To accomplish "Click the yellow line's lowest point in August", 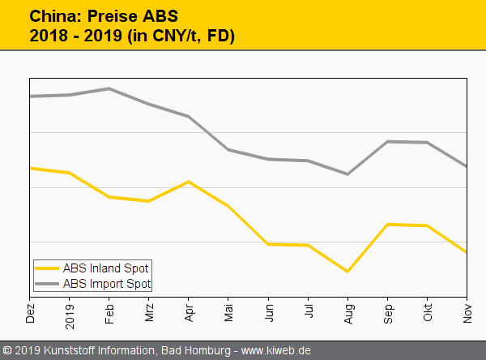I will (x=348, y=272).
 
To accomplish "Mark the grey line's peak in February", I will (x=109, y=88).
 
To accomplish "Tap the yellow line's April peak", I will (x=189, y=182).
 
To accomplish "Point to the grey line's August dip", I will (x=348, y=174).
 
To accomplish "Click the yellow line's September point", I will (x=388, y=225).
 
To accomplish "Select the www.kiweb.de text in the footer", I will (x=276, y=351).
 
